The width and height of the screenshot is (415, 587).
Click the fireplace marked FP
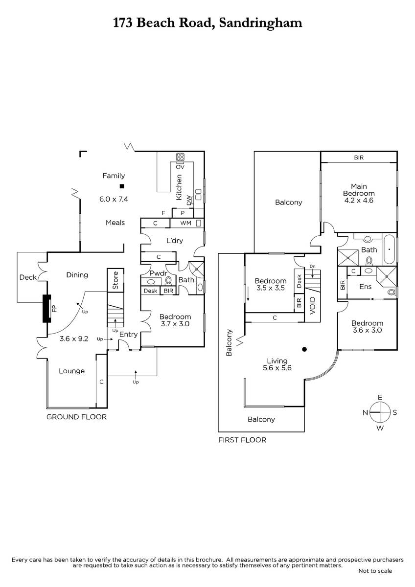pos(47,309)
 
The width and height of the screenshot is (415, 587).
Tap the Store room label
pos(115,280)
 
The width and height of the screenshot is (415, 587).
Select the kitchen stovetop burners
pos(180,157)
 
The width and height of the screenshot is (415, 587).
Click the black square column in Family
pos(122,186)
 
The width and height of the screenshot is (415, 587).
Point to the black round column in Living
pos(304,349)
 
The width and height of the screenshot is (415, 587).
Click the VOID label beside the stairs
pos(313,306)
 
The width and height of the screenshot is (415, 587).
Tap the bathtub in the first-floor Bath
pos(390,249)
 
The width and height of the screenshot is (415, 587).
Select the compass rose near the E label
pos(380,412)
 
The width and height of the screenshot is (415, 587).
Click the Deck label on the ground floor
pos(28,277)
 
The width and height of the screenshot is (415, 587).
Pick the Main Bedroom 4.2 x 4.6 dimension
pos(359,200)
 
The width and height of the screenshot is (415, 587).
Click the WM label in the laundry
pos(186,223)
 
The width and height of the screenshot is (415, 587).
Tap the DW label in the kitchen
pos(189,201)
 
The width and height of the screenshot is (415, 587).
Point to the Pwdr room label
pos(159,273)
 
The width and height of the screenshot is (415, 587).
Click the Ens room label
pos(366,287)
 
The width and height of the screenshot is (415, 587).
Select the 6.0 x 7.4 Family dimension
pos(114,199)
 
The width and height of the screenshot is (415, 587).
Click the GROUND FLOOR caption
pos(76,417)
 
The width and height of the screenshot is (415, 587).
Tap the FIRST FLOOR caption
pos(242,440)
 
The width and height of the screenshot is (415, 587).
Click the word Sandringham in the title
pos(260,23)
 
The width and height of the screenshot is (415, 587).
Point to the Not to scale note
pos(375,571)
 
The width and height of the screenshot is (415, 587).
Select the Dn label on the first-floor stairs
pos(312,266)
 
